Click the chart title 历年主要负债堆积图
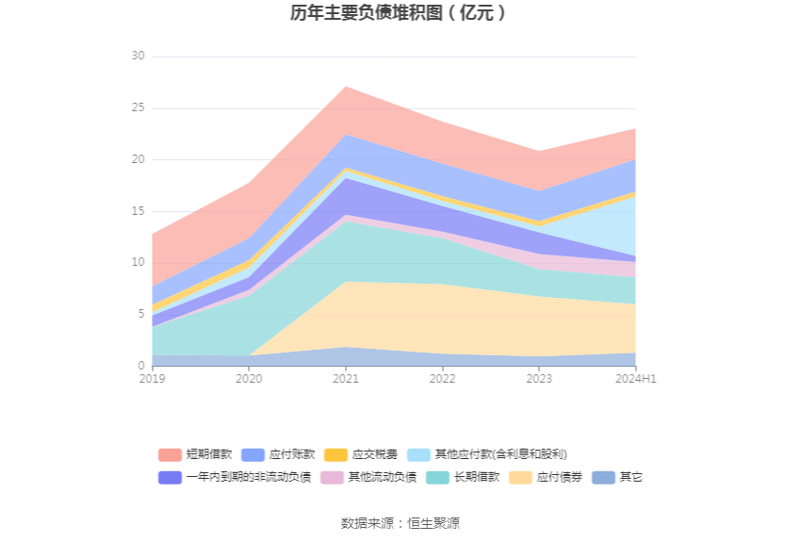400,13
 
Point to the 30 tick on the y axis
138,57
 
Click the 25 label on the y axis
138,108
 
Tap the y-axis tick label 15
138,211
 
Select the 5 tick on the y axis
140,314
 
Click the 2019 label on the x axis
152,378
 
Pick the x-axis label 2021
345,378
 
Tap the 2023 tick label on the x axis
539,378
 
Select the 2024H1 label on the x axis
636,378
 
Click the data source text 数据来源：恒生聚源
400,523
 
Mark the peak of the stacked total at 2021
346,87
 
